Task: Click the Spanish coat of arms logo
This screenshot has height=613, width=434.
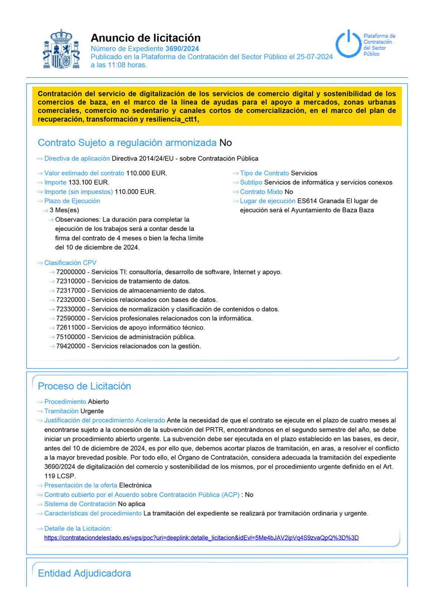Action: click(x=61, y=49)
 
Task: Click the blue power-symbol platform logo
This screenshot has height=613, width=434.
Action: click(x=348, y=44)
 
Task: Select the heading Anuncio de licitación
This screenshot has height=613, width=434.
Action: click(x=145, y=38)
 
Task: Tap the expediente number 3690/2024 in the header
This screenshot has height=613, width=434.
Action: click(x=182, y=49)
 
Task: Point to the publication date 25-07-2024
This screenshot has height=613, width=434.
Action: click(x=314, y=57)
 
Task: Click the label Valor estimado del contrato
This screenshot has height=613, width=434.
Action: click(x=84, y=173)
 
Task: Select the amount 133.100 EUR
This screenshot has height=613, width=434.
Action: click(x=89, y=182)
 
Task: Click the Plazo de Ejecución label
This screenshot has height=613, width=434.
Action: click(x=72, y=201)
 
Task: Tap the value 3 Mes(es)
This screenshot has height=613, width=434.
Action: click(x=64, y=210)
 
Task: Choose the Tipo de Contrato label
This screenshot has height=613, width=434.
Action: click(x=264, y=173)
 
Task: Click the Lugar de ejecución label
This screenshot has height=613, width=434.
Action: click(x=267, y=201)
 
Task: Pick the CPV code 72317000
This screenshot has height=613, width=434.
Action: click(x=71, y=291)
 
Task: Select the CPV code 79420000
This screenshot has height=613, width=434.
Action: click(x=71, y=346)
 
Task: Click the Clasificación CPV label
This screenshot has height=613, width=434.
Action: click(x=70, y=263)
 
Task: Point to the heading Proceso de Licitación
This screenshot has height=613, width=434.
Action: click(x=84, y=386)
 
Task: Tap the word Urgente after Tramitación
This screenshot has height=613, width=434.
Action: click(x=92, y=411)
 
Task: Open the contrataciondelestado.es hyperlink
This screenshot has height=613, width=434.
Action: click(x=201, y=538)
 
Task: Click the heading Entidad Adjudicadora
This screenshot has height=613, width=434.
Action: click(x=84, y=573)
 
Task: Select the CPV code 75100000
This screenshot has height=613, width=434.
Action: click(x=71, y=337)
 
